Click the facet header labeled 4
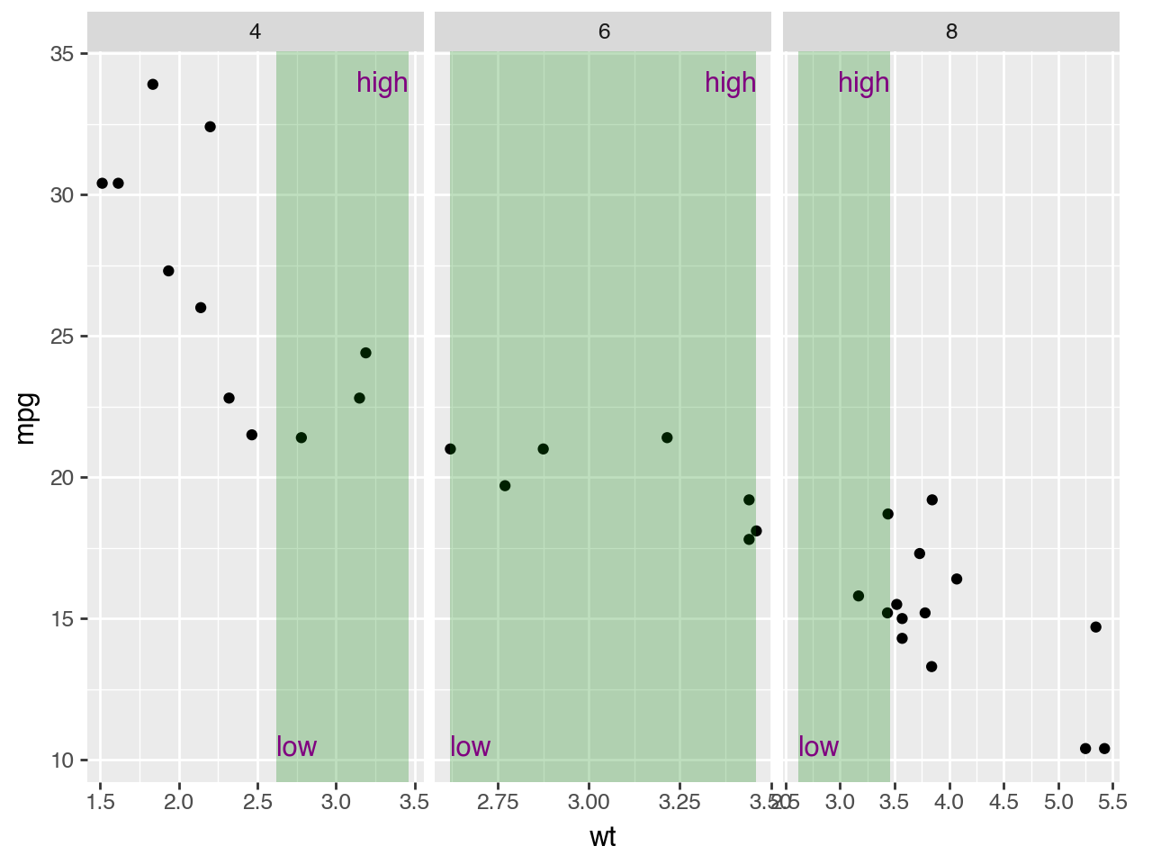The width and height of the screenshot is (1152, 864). [256, 32]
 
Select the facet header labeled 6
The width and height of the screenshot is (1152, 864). [604, 32]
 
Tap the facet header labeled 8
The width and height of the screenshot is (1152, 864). [951, 32]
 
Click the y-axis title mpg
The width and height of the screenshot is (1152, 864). [26, 418]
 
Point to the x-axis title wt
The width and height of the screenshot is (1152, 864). [603, 838]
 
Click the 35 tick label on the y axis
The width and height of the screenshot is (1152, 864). [62, 54]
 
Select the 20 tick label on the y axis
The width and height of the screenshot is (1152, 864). [62, 478]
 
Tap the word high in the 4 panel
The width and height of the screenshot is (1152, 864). [382, 83]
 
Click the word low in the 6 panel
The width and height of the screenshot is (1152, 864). [470, 747]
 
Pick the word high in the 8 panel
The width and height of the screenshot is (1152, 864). [863, 83]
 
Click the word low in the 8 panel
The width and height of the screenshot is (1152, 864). [818, 747]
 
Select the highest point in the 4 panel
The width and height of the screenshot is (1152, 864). [153, 85]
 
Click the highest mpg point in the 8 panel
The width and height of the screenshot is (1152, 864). [931, 500]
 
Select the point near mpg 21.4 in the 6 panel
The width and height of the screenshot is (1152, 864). [667, 437]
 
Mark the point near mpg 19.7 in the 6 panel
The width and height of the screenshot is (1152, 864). [505, 486]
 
